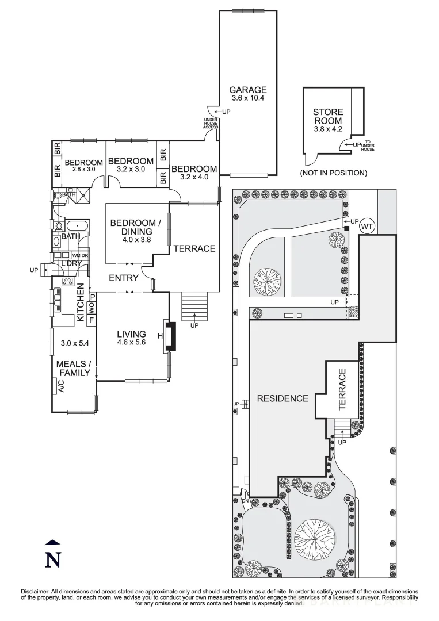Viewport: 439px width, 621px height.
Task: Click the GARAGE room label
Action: click(248, 90)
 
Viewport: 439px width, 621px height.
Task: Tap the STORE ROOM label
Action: click(328, 116)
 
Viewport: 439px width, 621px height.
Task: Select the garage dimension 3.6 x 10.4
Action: click(248, 98)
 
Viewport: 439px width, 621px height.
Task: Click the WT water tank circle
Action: click(367, 227)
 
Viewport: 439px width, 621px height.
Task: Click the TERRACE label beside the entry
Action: click(194, 248)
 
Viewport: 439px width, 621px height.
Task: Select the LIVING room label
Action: click(132, 334)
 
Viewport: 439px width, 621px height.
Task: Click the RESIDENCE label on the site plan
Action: click(283, 398)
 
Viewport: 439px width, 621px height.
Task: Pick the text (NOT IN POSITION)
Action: click(333, 172)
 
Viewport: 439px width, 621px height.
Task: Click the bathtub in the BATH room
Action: click(76, 225)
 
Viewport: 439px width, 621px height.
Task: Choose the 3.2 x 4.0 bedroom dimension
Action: click(194, 177)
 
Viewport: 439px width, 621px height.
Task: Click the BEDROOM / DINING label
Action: click(132, 227)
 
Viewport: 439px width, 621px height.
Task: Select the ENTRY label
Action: click(124, 278)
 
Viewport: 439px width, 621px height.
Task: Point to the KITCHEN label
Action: click(81, 302)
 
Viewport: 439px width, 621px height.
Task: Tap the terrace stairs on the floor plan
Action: click(193, 306)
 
